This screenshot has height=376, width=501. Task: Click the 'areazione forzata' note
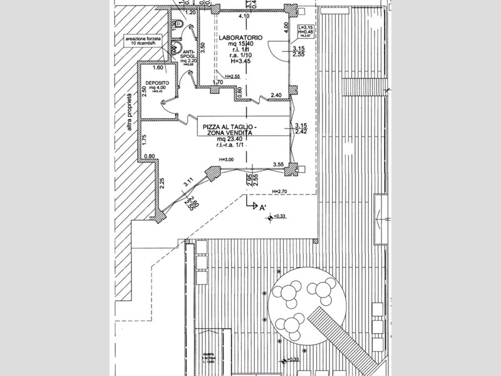pos(143,39)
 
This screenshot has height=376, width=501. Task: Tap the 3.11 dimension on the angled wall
pos(187,183)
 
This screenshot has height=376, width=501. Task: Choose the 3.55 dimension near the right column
pos(279,164)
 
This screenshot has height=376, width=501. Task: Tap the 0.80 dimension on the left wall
pos(150,157)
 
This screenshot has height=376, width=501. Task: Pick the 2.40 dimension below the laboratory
pos(276,95)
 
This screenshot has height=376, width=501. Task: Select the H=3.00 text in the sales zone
pos(226,160)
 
